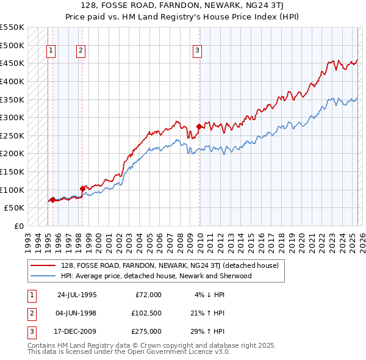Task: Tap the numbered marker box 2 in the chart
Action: pyautogui.click(x=81, y=51)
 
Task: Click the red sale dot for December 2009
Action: pyautogui.click(x=199, y=127)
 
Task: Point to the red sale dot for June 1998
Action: pyautogui.click(x=82, y=189)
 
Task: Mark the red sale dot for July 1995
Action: pyautogui.click(x=53, y=200)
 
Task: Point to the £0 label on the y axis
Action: pyautogui.click(x=18, y=226)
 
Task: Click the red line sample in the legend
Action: pyautogui.click(x=43, y=266)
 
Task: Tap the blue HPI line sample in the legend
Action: pyautogui.click(x=43, y=276)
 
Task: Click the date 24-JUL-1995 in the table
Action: pyautogui.click(x=77, y=295)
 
